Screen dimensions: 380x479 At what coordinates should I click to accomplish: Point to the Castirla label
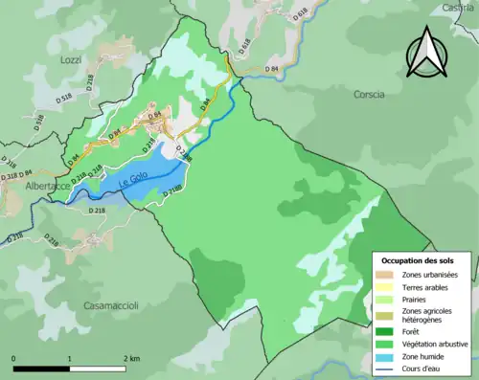[457, 7]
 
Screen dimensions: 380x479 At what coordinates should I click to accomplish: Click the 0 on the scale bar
[14, 358]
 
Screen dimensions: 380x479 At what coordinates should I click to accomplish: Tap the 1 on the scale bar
[70, 358]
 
